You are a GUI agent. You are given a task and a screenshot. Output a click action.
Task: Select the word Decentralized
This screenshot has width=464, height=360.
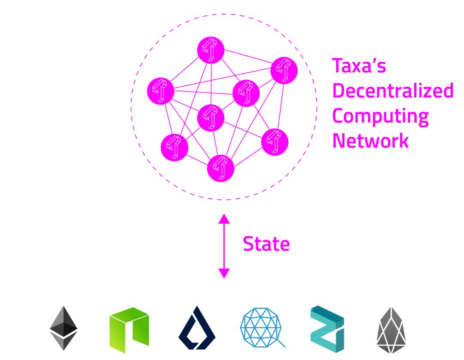coord(393,91)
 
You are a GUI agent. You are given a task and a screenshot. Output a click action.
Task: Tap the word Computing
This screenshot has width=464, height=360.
coord(380,116)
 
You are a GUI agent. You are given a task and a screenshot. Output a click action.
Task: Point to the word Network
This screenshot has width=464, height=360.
coord(370,140)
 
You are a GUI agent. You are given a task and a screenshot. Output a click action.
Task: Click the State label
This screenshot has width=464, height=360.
coord(266,244)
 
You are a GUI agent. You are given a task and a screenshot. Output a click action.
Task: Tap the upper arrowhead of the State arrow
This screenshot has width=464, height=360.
coord(224,219)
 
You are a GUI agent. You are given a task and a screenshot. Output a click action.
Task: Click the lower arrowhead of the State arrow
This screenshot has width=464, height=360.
coord(224,273)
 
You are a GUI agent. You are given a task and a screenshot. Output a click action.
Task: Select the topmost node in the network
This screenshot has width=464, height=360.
coord(211,50)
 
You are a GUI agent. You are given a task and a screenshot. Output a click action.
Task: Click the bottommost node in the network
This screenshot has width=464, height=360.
coord(221,168)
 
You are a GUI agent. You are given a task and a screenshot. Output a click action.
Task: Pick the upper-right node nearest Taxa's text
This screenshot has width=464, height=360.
coord(284,70)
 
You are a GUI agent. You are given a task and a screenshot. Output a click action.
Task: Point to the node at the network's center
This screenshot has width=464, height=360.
coord(211,118)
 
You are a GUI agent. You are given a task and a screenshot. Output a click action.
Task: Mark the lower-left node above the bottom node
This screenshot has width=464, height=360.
coord(174,147)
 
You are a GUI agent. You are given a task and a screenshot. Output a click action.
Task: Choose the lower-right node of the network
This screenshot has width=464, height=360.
coord(275,141)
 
